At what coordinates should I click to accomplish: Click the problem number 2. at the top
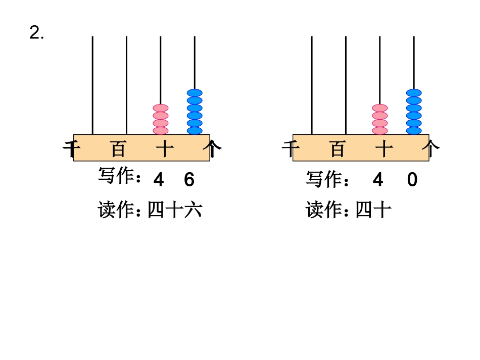(37, 33)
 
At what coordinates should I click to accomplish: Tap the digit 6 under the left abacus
(189, 180)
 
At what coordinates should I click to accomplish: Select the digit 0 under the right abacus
(412, 180)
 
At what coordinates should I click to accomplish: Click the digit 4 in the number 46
(158, 180)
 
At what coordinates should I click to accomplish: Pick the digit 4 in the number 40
(378, 180)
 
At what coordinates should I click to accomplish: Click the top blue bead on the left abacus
(195, 93)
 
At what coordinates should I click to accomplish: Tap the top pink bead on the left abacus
(161, 108)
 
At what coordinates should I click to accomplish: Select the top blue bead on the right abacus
(414, 93)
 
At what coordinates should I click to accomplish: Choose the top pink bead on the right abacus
(380, 108)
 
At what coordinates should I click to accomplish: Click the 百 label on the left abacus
(118, 149)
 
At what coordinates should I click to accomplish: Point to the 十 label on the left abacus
(165, 149)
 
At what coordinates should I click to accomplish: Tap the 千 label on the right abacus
(289, 149)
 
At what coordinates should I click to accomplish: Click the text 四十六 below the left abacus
(174, 210)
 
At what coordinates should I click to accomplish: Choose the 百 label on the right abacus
(338, 149)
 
